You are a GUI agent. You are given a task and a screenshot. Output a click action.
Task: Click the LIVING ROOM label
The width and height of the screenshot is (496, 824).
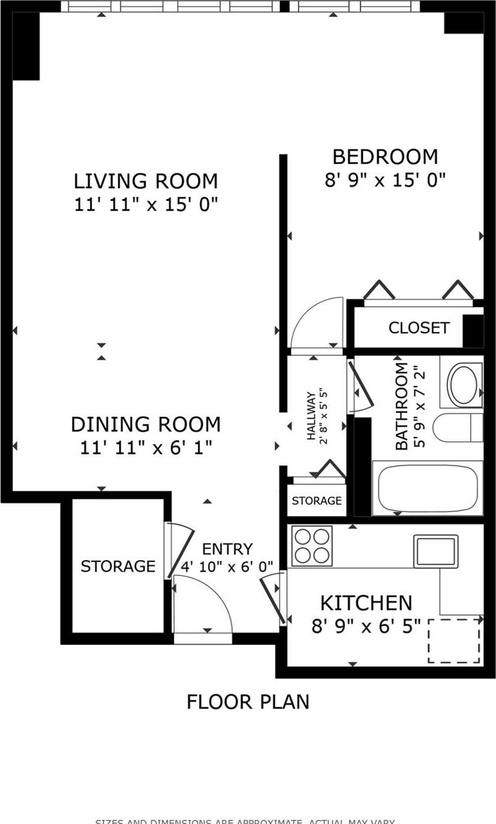(x=146, y=181)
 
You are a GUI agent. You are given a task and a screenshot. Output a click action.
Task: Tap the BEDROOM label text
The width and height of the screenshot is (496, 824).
(x=385, y=157)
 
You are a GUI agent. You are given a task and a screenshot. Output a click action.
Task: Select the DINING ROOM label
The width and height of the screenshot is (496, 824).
(x=146, y=424)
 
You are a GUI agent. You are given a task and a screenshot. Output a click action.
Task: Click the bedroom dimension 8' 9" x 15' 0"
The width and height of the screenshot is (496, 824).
(x=385, y=180)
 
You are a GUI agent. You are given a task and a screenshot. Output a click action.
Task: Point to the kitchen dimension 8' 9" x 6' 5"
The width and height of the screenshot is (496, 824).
(x=366, y=626)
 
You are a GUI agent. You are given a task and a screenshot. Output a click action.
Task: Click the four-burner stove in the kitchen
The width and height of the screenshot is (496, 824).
(x=312, y=546)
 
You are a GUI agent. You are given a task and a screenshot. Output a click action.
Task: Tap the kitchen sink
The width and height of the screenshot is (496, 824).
(x=436, y=551)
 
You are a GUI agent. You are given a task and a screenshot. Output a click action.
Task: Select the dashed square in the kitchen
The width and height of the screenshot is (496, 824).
(x=454, y=641)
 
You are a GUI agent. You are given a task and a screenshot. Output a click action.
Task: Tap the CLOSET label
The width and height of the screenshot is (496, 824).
(x=418, y=328)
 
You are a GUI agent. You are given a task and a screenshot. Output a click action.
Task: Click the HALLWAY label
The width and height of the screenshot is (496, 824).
(x=311, y=416)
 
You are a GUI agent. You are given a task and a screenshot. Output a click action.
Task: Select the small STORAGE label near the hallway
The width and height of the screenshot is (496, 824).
(x=316, y=501)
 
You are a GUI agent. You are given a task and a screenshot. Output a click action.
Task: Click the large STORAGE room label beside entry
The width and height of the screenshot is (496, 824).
(x=118, y=566)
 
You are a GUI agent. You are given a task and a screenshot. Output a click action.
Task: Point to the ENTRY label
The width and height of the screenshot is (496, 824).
(x=227, y=549)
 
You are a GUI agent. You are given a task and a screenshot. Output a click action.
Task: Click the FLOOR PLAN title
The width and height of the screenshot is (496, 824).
(x=247, y=702)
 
